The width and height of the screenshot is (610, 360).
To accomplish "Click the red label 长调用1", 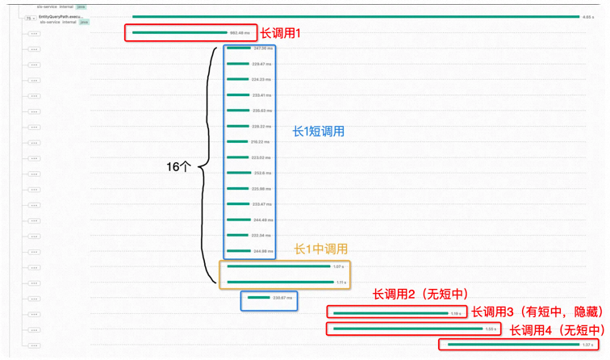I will click(x=280, y=33).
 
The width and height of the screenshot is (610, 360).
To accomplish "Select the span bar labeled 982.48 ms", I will click(x=180, y=33).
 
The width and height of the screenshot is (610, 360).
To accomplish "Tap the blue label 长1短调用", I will click(x=319, y=131).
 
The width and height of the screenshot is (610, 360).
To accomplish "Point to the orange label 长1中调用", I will click(x=320, y=249).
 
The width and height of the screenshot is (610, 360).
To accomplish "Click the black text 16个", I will click(x=178, y=166).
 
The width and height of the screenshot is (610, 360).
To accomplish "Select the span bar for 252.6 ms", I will click(x=238, y=173).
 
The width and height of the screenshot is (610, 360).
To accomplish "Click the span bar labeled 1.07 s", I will click(x=279, y=266).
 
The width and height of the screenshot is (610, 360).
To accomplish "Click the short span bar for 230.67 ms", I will click(x=258, y=298).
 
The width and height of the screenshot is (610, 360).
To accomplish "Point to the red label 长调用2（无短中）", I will click(x=420, y=295).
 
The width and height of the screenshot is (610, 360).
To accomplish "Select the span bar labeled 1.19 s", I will click(x=391, y=313).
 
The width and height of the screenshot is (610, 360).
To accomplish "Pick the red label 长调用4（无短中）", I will click(x=556, y=329).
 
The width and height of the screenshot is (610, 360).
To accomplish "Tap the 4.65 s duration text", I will click(x=588, y=17).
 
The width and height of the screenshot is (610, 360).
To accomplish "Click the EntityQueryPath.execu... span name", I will click(x=61, y=16).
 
